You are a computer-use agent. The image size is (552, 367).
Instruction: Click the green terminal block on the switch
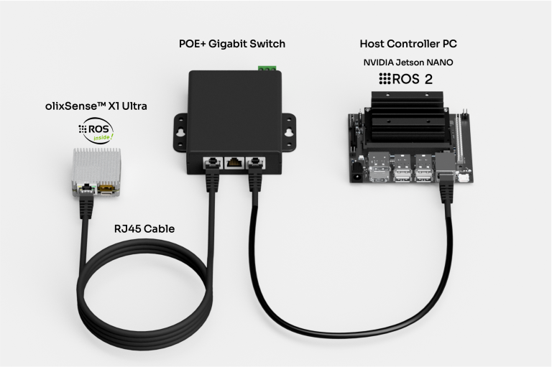click(x=267, y=68)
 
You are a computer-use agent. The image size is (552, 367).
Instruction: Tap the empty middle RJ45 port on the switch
click(x=232, y=163)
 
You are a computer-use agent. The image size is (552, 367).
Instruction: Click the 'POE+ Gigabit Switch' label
click(x=232, y=44)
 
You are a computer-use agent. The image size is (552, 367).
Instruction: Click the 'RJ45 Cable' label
click(x=144, y=228)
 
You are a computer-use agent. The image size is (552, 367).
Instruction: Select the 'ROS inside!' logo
click(x=96, y=130)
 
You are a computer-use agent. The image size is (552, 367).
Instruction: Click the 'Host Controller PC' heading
click(x=408, y=44)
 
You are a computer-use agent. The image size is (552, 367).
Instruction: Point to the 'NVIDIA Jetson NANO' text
click(x=408, y=62)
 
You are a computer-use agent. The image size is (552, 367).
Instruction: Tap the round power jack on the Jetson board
click(x=356, y=170)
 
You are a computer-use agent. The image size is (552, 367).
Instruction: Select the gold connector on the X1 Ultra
click(x=107, y=190)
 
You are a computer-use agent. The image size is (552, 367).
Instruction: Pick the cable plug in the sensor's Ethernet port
click(x=87, y=192)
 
